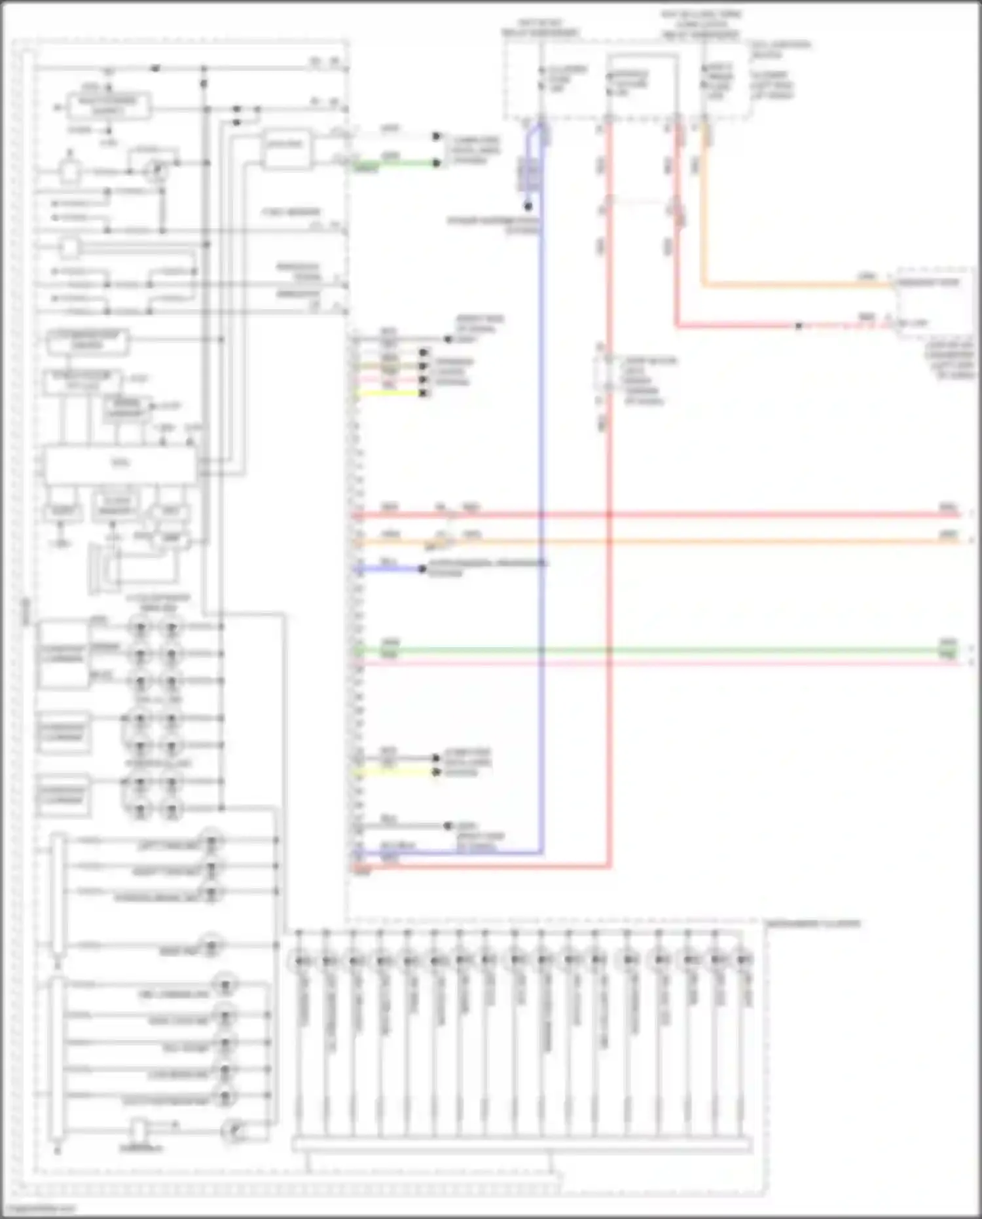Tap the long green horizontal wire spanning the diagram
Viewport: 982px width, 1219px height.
655,650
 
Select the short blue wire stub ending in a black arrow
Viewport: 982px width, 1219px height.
393,569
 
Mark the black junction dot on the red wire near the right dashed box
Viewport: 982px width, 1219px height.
799,326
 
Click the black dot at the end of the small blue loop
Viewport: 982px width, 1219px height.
528,206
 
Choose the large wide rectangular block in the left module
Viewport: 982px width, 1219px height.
120,464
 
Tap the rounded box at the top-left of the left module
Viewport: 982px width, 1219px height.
109,106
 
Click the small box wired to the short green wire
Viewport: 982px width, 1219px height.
286,150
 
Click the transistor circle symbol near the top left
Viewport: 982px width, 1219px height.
156,171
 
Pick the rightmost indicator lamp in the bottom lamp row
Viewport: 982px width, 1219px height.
742,960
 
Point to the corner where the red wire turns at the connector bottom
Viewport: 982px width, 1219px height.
609,866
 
